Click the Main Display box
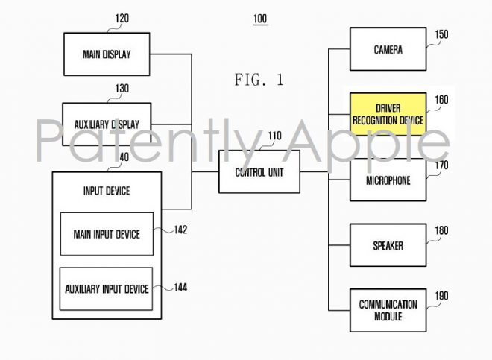107,54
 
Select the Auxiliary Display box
107,124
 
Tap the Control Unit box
259,171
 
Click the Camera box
388,49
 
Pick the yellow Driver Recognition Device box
388,114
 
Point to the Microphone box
388,180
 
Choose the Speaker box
388,245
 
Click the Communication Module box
388,310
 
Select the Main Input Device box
107,234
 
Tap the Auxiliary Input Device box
107,288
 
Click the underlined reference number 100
260,19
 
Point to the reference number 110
274,136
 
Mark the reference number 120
122,19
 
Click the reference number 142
180,230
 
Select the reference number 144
180,288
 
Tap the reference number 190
441,296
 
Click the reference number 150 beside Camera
441,34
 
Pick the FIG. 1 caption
259,80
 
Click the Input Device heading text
107,191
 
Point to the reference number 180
441,231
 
